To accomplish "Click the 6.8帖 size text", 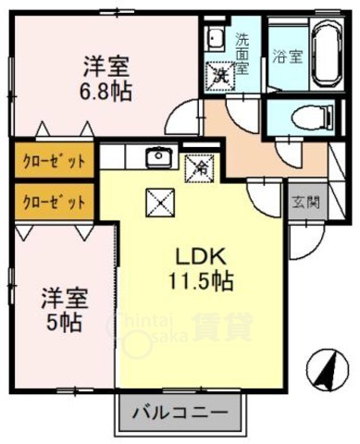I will tap(105, 91).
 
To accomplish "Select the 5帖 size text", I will tap(63, 323).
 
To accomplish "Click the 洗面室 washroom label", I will tap(242, 55).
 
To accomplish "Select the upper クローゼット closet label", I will tap(54, 160).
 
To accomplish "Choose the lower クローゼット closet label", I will tap(54, 200).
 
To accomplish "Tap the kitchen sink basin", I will tap(158, 155).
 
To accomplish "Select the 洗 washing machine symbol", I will tap(221, 73).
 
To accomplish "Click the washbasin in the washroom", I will tap(215, 38).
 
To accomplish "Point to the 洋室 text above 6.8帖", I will tap(105, 68).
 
